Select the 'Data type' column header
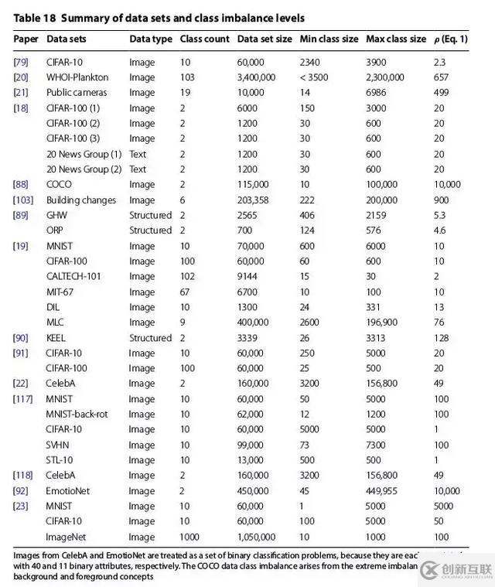coord(151,39)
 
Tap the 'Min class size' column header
coord(328,39)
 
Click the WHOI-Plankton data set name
coord(77,77)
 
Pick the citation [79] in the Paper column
coord(21,62)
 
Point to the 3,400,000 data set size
coord(256,77)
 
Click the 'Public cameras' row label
coord(77,93)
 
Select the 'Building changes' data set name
coord(81,200)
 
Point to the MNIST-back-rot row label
coord(77,415)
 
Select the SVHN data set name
coord(60,445)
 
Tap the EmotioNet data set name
coord(69,491)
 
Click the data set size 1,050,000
coord(256,537)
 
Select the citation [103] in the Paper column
coord(23,200)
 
